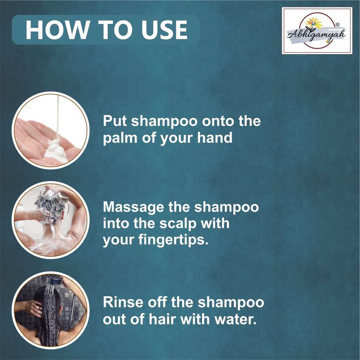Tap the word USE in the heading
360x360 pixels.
[164, 30]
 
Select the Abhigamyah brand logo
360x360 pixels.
[317, 31]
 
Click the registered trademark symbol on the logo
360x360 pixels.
[337, 24]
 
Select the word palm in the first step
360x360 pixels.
[120, 138]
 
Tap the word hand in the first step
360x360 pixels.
[215, 138]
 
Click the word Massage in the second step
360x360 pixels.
[133, 207]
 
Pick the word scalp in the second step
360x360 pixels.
[178, 224]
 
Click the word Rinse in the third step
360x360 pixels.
[124, 302]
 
